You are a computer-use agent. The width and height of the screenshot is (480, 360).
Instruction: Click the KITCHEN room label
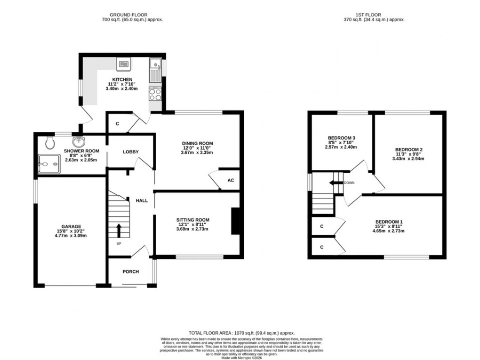tap(122, 79)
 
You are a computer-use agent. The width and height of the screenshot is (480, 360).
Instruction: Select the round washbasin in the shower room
tap(78, 142)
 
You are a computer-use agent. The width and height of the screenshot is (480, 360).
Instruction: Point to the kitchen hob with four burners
tap(155, 94)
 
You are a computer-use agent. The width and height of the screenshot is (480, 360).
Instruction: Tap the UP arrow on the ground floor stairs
tap(118, 231)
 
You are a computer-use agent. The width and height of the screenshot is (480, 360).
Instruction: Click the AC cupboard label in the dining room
tap(231, 180)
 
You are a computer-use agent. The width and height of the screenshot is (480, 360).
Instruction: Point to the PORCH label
tap(130, 272)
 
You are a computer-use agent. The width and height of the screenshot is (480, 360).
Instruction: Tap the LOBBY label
tap(130, 152)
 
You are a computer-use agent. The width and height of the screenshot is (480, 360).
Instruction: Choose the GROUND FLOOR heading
tap(132, 15)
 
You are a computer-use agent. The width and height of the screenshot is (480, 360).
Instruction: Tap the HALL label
tap(142, 200)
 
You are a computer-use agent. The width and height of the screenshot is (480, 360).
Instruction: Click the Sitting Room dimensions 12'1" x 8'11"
tap(192, 224)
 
